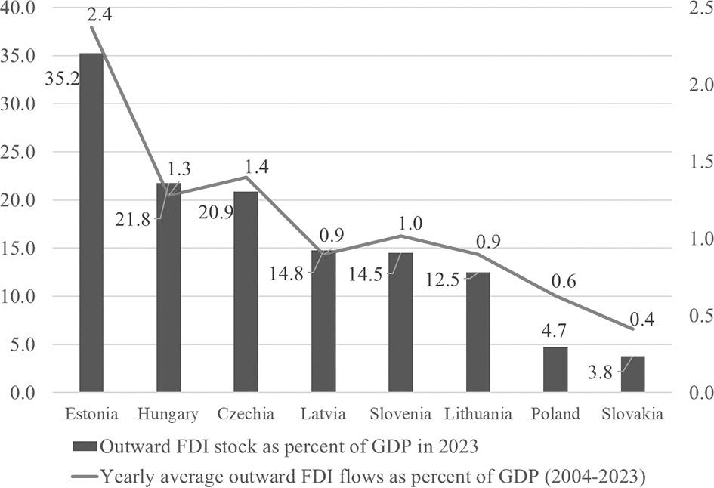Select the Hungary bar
click(x=168, y=287)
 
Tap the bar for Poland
click(x=555, y=370)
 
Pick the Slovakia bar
click(x=632, y=374)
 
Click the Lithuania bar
click(x=478, y=332)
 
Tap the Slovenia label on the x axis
click(x=400, y=414)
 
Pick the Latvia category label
click(x=323, y=414)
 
